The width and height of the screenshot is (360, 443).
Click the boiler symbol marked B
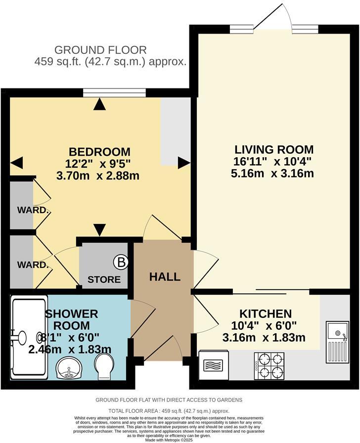[120, 261]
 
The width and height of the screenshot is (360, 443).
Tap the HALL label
[165, 277]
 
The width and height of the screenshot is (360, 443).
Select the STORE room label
[104, 279]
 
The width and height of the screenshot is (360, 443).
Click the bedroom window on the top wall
[114, 91]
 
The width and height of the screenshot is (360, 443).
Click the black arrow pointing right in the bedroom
[184, 162]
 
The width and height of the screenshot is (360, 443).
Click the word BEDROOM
[99, 151]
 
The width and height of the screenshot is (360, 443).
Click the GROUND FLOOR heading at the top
[100, 50]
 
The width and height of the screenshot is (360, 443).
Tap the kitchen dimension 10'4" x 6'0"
[266, 326]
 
